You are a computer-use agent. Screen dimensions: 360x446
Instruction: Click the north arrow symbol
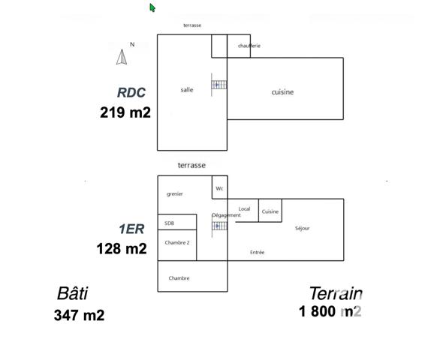121,55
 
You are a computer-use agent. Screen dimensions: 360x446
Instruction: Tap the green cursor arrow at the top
152,7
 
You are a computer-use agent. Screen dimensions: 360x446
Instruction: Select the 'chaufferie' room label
249,46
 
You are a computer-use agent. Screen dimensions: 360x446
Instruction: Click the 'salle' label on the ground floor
186,90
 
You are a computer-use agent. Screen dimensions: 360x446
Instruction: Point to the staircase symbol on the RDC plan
218,85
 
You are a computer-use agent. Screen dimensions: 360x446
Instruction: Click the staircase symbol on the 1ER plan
218,225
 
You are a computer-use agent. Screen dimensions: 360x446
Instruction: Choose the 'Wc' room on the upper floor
219,188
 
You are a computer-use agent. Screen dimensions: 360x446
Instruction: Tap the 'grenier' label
175,194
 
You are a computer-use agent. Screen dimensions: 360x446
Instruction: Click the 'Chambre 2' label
177,243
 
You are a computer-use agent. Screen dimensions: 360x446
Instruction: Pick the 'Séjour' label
302,228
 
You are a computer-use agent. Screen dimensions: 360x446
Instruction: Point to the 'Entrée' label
257,253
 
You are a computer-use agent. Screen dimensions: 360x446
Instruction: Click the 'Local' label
244,208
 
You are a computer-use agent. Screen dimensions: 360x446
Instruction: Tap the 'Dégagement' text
226,215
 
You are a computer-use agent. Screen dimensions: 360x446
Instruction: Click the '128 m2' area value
122,248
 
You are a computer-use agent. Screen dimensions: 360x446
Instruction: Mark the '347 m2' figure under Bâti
79,315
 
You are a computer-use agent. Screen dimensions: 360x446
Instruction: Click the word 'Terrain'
336,293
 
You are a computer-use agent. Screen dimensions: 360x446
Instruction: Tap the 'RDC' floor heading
131,93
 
